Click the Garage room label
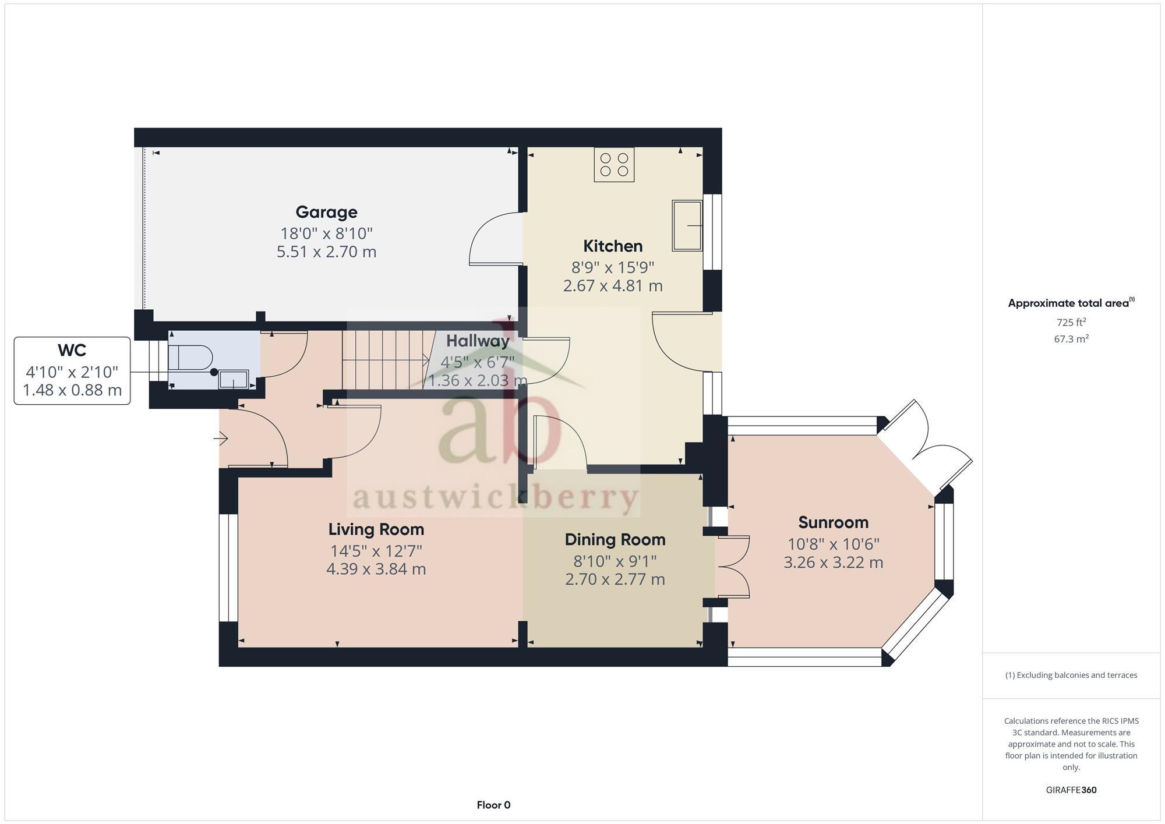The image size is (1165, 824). [x=326, y=212]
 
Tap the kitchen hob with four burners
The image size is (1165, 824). [x=614, y=164]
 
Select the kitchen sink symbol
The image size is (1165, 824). [x=687, y=225]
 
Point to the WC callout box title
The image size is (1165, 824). [x=72, y=350]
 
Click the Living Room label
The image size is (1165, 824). [x=376, y=529]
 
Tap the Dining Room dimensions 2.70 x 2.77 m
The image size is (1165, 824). [x=615, y=579]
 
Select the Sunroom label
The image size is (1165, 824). [x=833, y=522]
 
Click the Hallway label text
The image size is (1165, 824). [x=478, y=341]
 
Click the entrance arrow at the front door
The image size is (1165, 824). [x=221, y=438]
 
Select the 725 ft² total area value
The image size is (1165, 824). [x=1071, y=322]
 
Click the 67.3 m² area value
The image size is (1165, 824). [x=1071, y=339]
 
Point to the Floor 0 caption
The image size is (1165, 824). [x=493, y=805]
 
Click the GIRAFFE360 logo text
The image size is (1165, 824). [x=1071, y=790]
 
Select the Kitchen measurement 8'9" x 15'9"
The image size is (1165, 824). [x=613, y=267]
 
